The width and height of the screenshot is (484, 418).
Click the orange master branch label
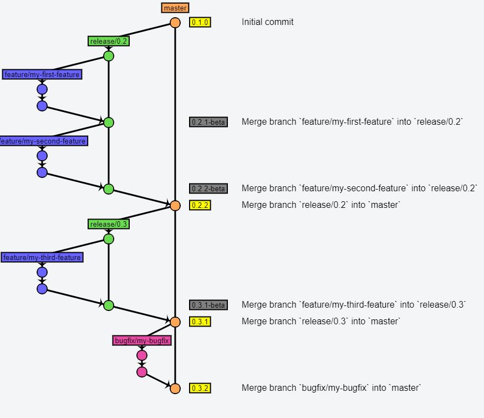click(x=175, y=8)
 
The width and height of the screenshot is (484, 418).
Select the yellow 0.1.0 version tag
click(x=200, y=23)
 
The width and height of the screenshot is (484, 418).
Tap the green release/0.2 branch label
click(x=109, y=41)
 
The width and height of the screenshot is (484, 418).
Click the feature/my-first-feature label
click(x=42, y=74)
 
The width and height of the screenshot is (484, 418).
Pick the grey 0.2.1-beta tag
click(x=208, y=123)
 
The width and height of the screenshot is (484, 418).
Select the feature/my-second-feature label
click(x=43, y=141)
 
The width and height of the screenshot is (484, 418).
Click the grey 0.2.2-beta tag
click(x=208, y=189)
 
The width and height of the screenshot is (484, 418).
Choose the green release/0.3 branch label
click(x=109, y=224)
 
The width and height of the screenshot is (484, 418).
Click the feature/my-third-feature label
click(x=42, y=258)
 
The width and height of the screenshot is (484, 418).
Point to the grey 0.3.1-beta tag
click(x=208, y=305)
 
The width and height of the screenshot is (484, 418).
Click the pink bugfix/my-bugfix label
click(x=141, y=341)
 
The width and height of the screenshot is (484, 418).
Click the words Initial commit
click(x=268, y=22)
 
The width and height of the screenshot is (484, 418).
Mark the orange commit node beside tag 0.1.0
click(x=175, y=23)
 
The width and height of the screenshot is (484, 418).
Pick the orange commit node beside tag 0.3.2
click(x=175, y=389)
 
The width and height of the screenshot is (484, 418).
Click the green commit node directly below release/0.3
click(x=109, y=239)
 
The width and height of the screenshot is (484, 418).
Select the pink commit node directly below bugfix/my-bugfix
click(x=142, y=355)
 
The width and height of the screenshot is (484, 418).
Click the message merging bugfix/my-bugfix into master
click(x=332, y=388)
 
